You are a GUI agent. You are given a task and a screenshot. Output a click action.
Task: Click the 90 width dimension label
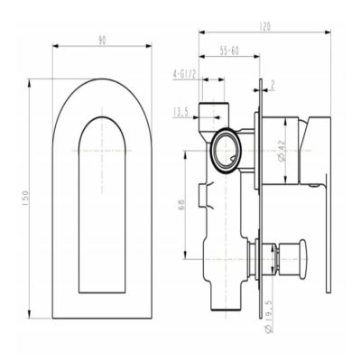101,41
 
